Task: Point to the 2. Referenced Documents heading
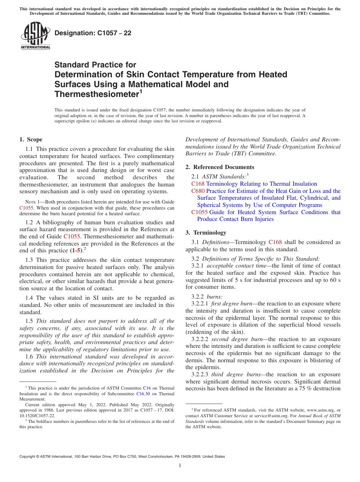[x=220, y=167]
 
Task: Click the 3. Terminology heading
[x=206, y=232]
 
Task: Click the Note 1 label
[x=31, y=202]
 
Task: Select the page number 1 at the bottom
[x=180, y=466]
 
